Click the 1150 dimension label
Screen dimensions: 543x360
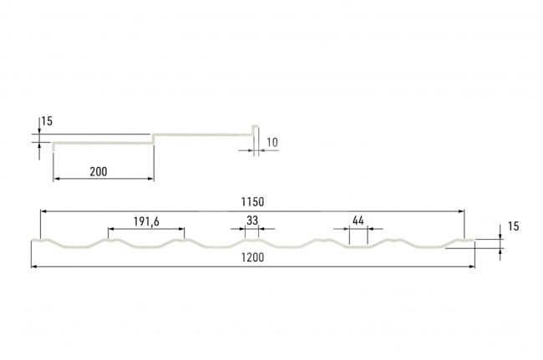pos(252,202)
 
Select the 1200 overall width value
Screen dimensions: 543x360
pos(252,257)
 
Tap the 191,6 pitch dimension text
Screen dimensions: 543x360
pos(146,221)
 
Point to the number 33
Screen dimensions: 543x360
pos(252,221)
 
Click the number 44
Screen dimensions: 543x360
pos(358,221)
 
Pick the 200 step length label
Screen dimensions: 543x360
pos(99,171)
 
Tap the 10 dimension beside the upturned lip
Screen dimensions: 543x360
pos(272,142)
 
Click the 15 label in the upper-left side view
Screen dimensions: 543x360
pos(47,121)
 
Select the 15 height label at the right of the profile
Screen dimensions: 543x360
pos(514,226)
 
